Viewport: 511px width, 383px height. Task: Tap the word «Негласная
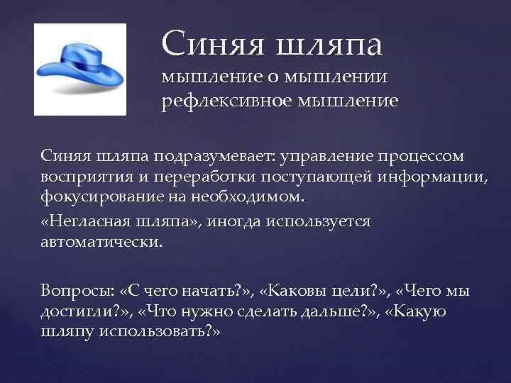pyautogui.click(x=79, y=221)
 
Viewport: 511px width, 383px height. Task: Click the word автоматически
pyautogui.click(x=101, y=241)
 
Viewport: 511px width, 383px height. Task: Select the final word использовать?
pyautogui.click(x=161, y=331)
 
